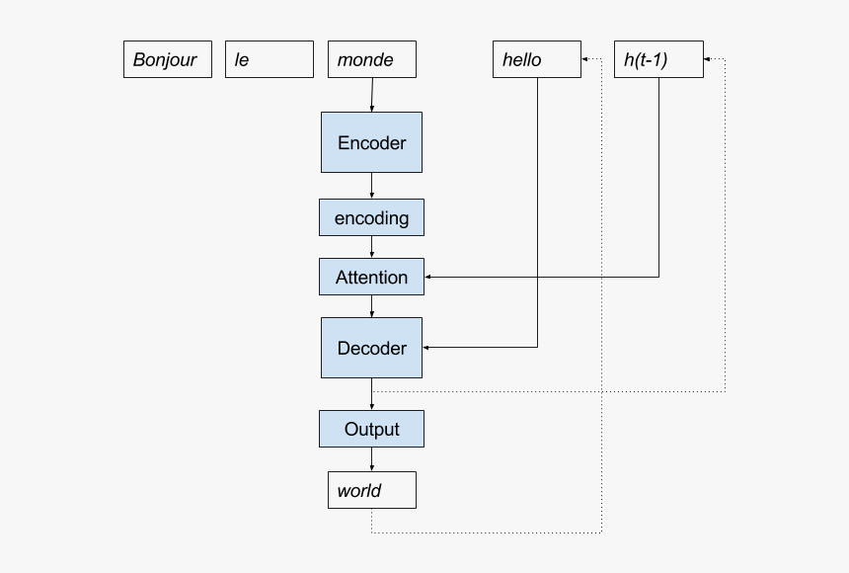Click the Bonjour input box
(x=167, y=59)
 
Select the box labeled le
(x=269, y=59)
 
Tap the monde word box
(x=371, y=59)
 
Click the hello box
(x=536, y=59)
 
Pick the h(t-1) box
(x=657, y=59)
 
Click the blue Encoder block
(x=371, y=142)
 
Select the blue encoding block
(x=371, y=217)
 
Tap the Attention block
(x=371, y=277)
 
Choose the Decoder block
(x=371, y=348)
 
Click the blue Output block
(x=371, y=429)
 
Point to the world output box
(x=371, y=490)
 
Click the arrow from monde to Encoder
(x=372, y=95)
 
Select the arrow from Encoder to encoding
(x=371, y=187)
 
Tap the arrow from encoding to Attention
(x=371, y=248)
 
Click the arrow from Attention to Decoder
(x=371, y=307)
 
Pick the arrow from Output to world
(x=371, y=460)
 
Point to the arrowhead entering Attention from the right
(x=429, y=278)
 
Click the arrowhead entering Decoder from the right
(x=427, y=348)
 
